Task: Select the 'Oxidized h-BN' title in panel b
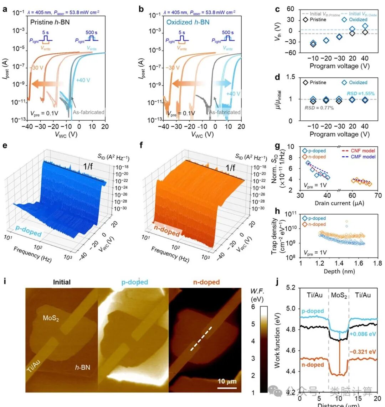coord(188,22)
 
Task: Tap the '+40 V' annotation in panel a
coord(83,80)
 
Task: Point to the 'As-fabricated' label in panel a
coord(89,112)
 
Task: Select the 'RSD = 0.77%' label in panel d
coord(319,108)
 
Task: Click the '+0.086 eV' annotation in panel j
coord(361,334)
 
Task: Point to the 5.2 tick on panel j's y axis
coord(291,287)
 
